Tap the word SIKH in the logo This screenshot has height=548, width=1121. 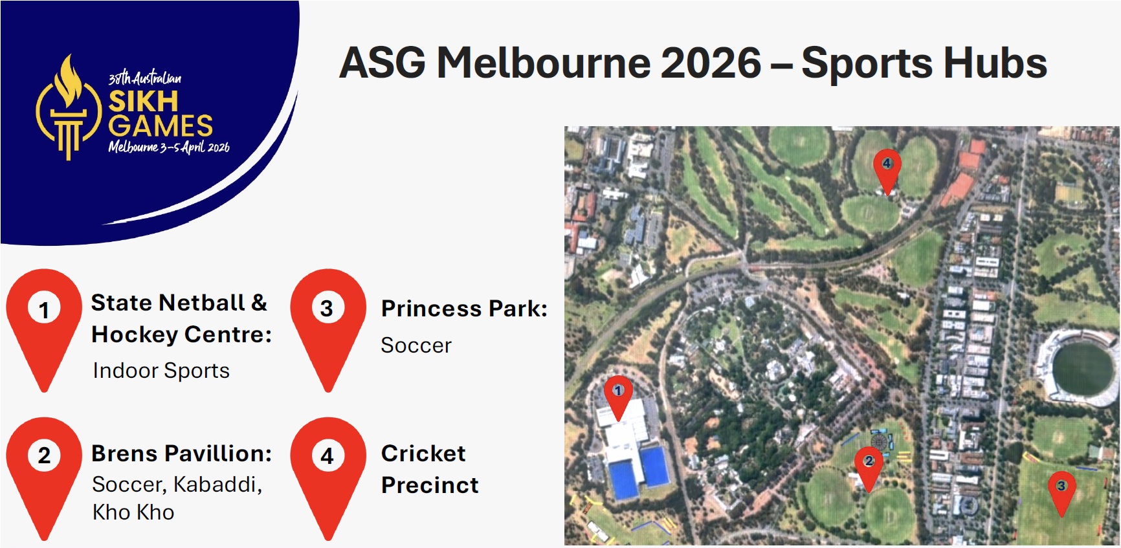(x=143, y=102)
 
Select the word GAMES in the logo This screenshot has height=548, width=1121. (x=161, y=126)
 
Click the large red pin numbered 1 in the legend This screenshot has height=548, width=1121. (x=44, y=323)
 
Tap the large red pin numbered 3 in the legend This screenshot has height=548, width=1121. (x=327, y=323)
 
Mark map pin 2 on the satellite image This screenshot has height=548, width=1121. (x=869, y=464)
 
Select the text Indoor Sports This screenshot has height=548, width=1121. (x=161, y=371)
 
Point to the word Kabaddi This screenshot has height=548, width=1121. (x=217, y=485)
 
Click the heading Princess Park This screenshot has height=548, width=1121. (x=464, y=309)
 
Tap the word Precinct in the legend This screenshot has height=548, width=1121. (x=430, y=485)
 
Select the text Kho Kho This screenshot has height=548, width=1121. (x=133, y=512)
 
